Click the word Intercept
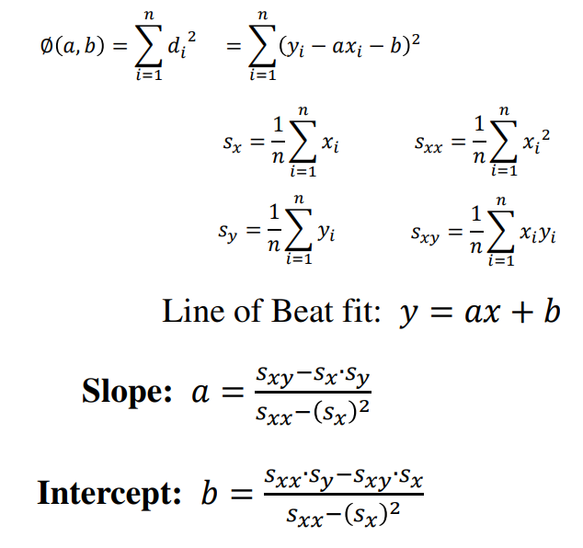(x=109, y=494)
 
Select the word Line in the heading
(x=190, y=312)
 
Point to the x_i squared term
(x=536, y=141)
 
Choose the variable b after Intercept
(x=211, y=494)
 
